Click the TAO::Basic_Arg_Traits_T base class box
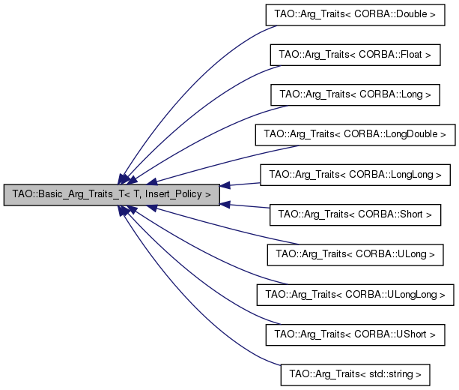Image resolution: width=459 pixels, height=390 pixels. (x=112, y=193)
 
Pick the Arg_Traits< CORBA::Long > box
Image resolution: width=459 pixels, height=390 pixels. (x=355, y=95)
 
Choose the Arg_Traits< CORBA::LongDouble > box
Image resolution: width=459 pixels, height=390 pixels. (x=355, y=135)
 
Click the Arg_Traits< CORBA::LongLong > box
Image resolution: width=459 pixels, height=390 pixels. (x=355, y=175)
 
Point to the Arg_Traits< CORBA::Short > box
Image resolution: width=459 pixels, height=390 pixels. (x=355, y=214)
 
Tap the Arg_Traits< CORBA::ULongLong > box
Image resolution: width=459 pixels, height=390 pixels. (x=355, y=294)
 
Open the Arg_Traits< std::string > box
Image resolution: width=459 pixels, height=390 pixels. (x=355, y=373)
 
